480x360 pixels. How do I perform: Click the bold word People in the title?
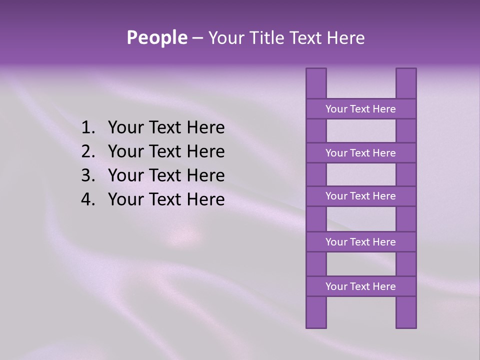(x=156, y=37)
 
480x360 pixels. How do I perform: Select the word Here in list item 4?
(x=205, y=199)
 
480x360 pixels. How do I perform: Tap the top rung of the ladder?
(x=361, y=109)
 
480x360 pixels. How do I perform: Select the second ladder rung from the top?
(x=361, y=153)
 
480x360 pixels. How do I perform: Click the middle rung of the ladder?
(x=361, y=196)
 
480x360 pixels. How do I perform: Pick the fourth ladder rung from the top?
(x=361, y=242)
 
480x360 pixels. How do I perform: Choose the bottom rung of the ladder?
(x=361, y=286)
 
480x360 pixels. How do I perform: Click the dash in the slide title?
(x=197, y=38)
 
